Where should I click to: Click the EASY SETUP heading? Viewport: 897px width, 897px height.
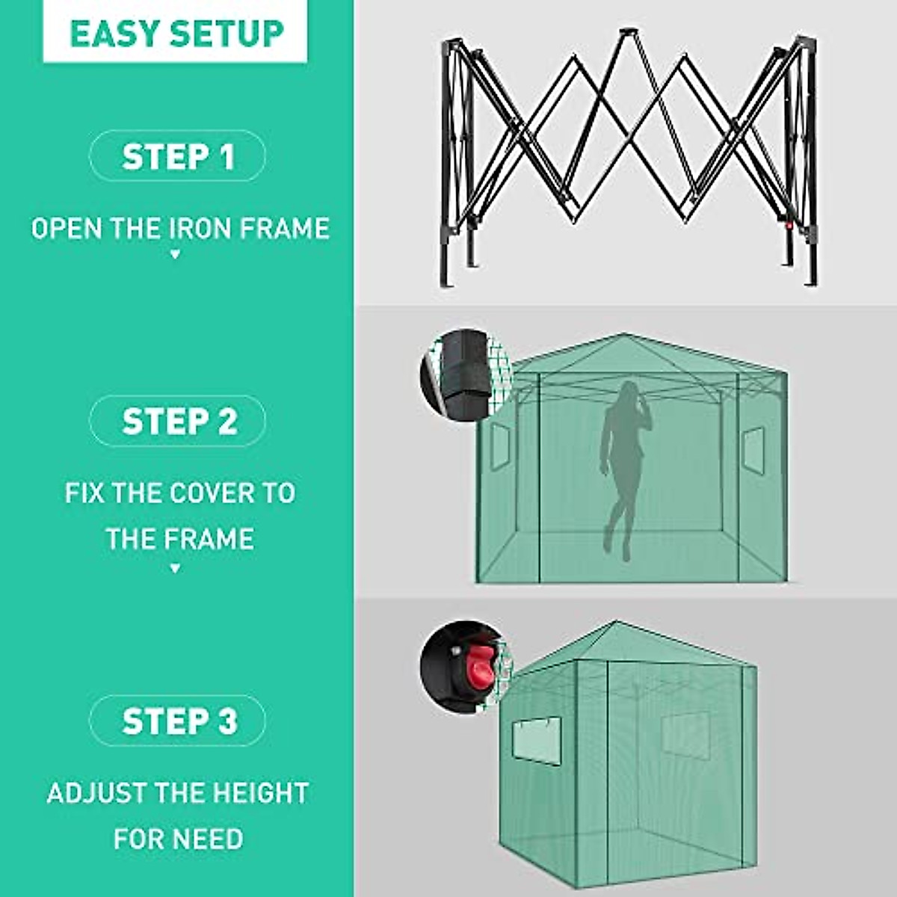tap(176, 34)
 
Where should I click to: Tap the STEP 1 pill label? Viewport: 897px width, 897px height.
tap(178, 157)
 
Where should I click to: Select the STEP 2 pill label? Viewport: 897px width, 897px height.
tap(178, 422)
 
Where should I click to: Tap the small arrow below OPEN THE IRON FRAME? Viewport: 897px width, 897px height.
tap(176, 255)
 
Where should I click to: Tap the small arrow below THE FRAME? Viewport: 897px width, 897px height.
tap(176, 569)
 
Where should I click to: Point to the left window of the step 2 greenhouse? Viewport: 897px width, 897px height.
tap(499, 448)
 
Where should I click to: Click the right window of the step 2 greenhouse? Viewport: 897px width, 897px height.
tap(753, 448)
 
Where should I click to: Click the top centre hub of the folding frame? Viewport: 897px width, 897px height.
tap(625, 34)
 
